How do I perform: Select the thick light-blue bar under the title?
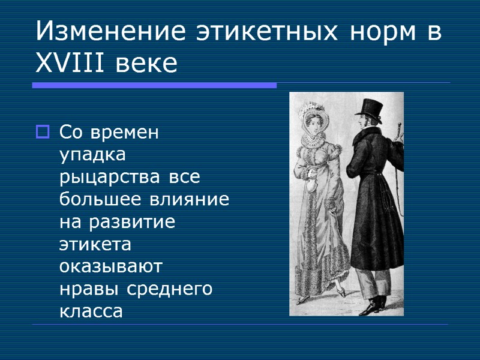pyautogui.click(x=154, y=86)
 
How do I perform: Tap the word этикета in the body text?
pyautogui.click(x=95, y=244)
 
